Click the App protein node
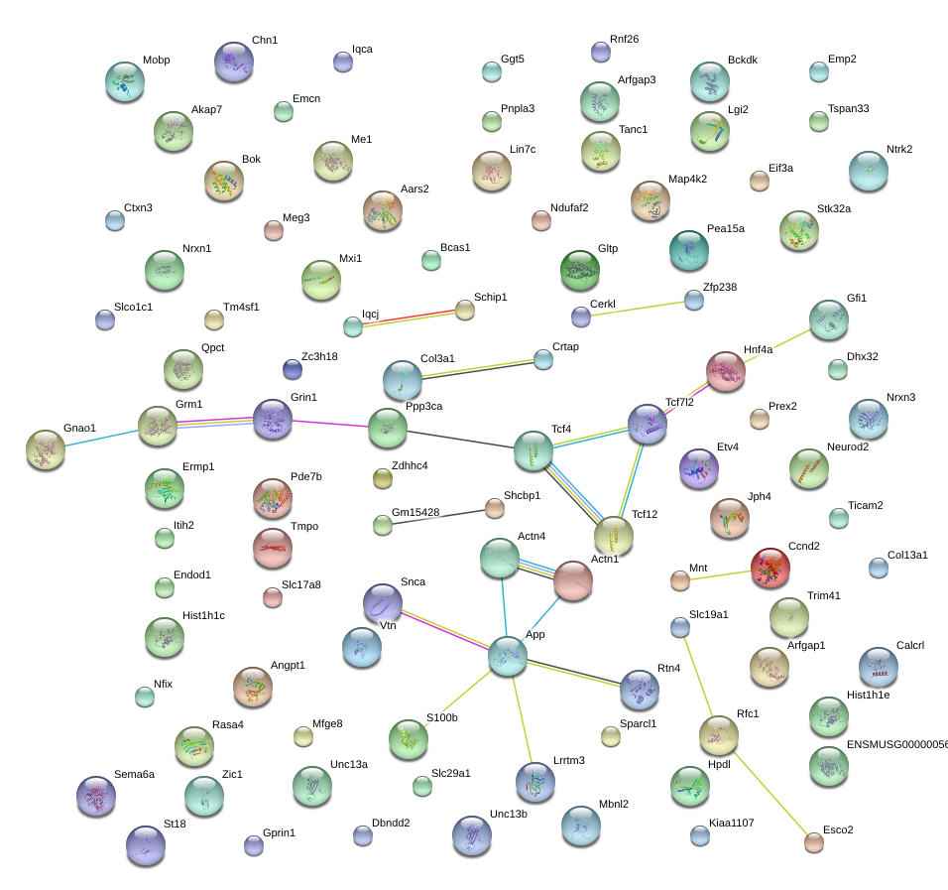click(508, 655)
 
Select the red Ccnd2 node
click(770, 568)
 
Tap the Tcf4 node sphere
click(533, 450)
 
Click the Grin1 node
click(273, 419)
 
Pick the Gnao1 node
click(46, 448)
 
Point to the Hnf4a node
click(726, 371)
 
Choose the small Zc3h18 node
click(293, 369)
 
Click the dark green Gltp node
click(580, 270)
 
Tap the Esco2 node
click(814, 842)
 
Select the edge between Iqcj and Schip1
click(409, 318)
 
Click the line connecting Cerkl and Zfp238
click(638, 308)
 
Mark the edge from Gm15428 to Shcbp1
click(438, 517)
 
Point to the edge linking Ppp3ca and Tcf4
click(460, 439)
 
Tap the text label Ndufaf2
click(569, 207)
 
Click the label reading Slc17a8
click(301, 584)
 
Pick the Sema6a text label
click(134, 774)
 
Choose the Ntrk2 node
click(869, 171)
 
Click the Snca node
click(382, 602)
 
